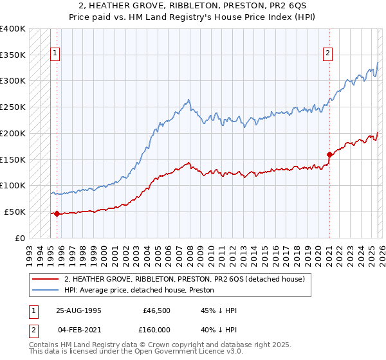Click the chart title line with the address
(x=193, y=6)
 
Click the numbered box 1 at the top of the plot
(x=56, y=53)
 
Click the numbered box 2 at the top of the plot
(x=328, y=53)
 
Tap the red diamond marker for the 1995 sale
(x=57, y=213)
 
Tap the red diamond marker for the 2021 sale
(x=329, y=154)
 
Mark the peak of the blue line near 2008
(x=188, y=100)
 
